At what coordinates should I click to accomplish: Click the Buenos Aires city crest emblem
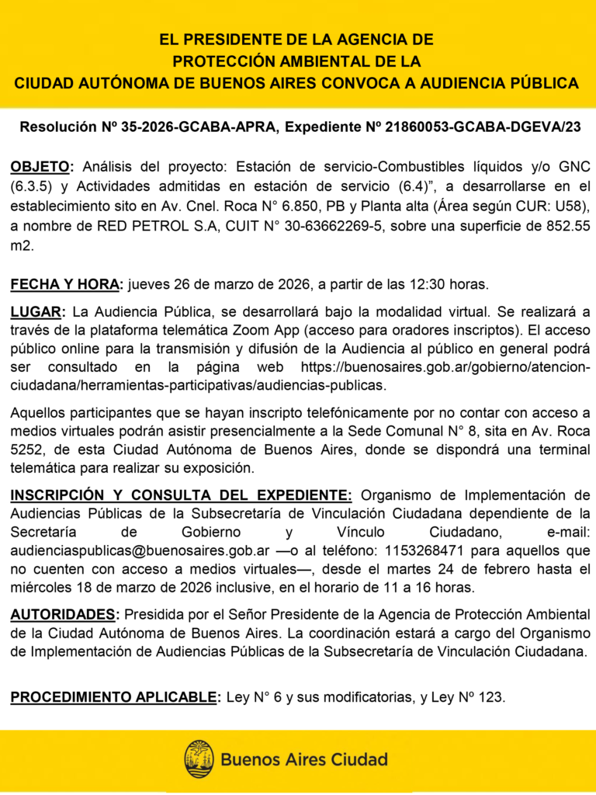point(199,759)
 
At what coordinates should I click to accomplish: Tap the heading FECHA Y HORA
point(66,285)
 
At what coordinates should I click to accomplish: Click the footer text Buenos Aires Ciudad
point(304,759)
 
